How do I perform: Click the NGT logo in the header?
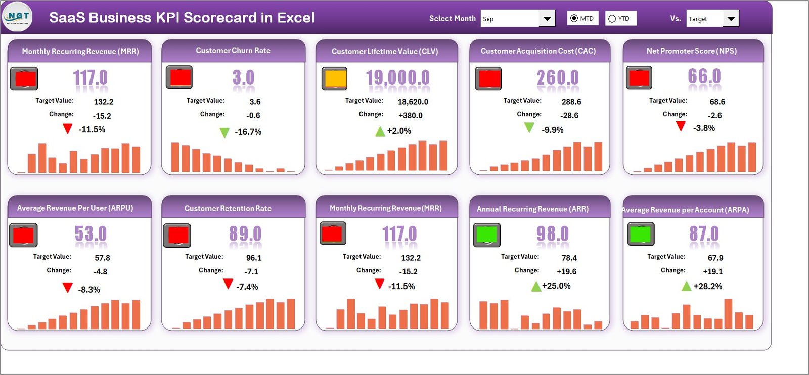coord(17,17)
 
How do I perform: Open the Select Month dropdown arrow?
coord(547,19)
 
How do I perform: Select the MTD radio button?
coord(574,19)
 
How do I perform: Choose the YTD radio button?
coord(612,19)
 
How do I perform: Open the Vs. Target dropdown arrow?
coord(731,19)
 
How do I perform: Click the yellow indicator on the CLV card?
coord(335,79)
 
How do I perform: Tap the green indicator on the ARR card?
coord(486,235)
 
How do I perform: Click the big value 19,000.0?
coord(398,78)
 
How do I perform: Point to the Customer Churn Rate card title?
coord(233,51)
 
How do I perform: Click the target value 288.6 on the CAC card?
coord(571,102)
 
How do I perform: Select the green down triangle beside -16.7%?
coord(224,133)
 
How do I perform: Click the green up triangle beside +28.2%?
coord(686,287)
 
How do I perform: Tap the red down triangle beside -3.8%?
coord(681,126)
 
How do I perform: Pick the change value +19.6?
coord(566,271)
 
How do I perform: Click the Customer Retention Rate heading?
coord(228,208)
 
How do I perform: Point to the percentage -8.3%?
coord(89,290)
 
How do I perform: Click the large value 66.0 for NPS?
coord(704,77)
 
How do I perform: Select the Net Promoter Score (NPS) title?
coord(691,51)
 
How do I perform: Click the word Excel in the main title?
coord(296,18)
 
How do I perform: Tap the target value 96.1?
coord(254,258)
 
